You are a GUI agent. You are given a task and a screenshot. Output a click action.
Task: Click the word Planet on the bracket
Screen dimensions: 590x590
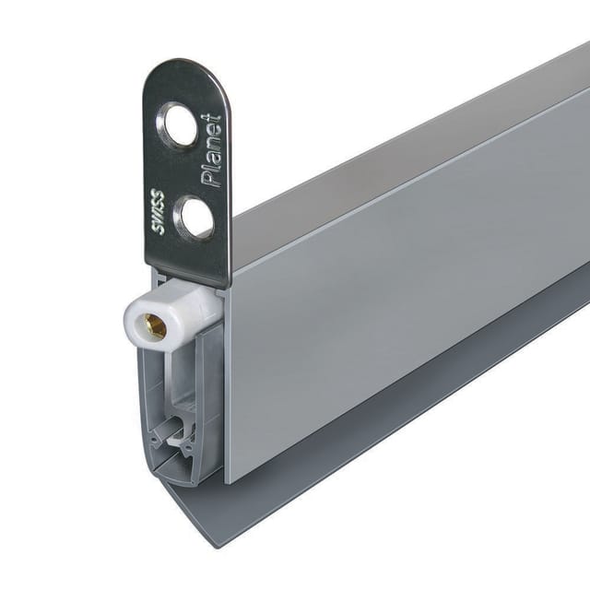[212, 150]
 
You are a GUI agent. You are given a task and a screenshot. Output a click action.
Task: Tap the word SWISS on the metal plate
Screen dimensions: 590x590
[160, 212]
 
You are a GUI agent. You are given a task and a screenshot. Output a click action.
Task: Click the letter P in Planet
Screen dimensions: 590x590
[211, 180]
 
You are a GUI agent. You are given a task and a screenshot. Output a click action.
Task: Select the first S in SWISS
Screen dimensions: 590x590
[159, 230]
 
